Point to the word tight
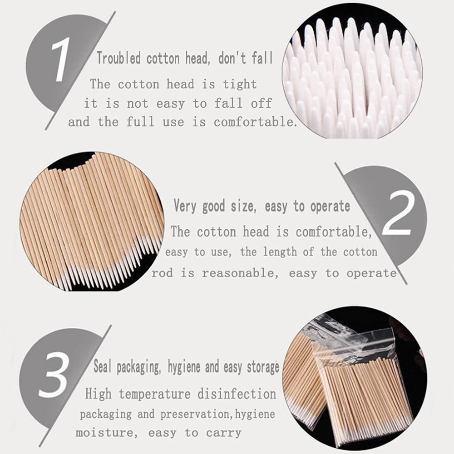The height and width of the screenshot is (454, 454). (x=240, y=84)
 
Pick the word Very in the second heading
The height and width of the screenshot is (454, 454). (x=185, y=206)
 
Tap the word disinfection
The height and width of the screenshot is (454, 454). (x=237, y=394)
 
